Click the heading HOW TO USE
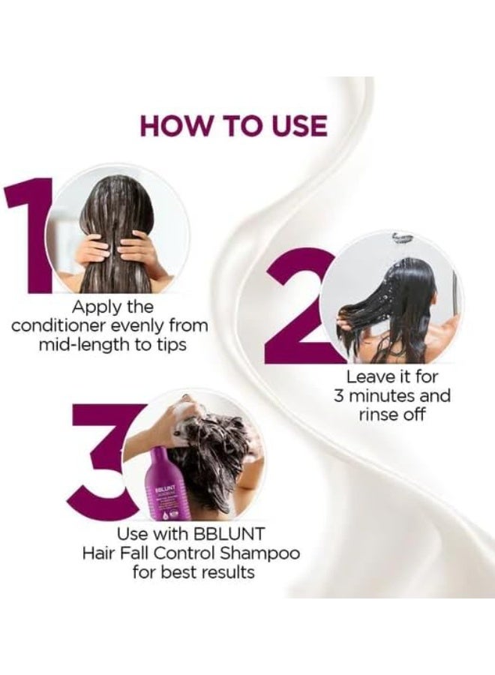point(233,125)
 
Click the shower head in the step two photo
point(402,238)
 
